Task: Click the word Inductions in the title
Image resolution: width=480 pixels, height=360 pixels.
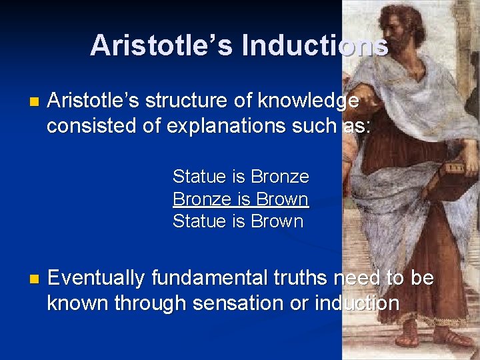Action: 315,45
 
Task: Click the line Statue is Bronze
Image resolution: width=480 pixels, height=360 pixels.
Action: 241,177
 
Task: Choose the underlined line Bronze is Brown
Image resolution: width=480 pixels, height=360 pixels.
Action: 241,199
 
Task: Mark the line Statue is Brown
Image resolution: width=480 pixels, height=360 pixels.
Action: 238,221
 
